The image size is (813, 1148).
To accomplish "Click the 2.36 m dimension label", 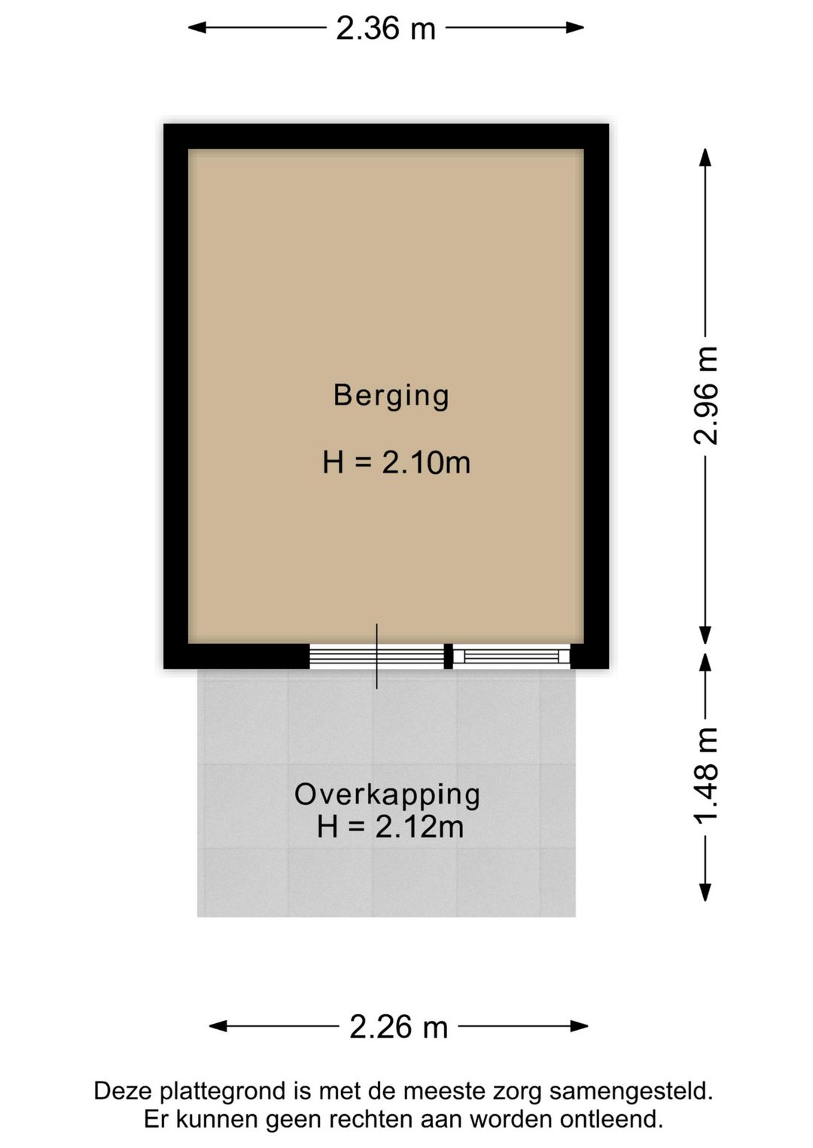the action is (x=385, y=28).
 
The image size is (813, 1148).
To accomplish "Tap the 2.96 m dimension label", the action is (x=705, y=395).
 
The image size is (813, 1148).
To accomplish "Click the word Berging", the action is (x=391, y=396).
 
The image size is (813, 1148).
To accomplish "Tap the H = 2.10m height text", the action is (x=396, y=462).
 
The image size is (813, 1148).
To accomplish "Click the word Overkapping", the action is (x=387, y=795).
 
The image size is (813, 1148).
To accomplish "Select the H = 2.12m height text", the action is (x=391, y=827).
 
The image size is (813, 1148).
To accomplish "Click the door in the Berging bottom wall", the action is (x=377, y=656).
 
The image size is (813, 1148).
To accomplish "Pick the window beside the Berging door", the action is (x=511, y=656).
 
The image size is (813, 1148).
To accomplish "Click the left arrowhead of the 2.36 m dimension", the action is (x=197, y=27).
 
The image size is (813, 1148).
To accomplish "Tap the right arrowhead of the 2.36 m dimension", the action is (x=575, y=27).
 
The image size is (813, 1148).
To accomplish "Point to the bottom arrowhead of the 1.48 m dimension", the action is (x=705, y=892).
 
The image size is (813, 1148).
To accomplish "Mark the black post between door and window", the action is (x=449, y=656).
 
